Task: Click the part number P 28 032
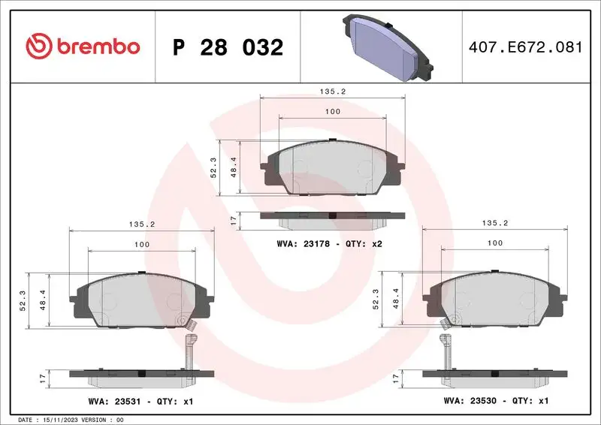point(228,47)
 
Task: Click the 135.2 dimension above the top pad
point(332,92)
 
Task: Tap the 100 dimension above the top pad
point(332,112)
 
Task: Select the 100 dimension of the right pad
point(495,243)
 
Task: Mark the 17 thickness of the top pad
point(234,219)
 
